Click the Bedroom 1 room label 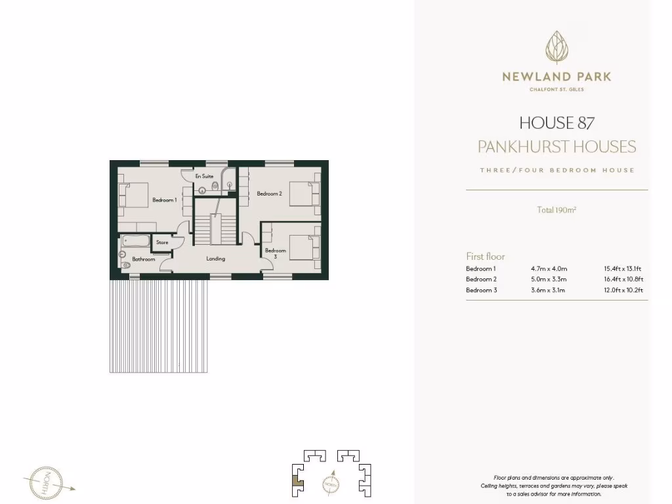tap(165, 199)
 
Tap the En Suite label tap(204, 177)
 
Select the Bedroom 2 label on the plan tap(269, 194)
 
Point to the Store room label tap(162, 243)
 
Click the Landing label tap(216, 259)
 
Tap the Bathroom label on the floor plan tap(144, 259)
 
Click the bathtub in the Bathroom tap(136, 240)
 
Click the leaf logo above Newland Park tap(556, 47)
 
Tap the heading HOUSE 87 tap(556, 123)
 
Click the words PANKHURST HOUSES tap(556, 146)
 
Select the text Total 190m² tap(556, 211)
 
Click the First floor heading tap(486, 257)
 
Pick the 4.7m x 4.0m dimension tap(549, 268)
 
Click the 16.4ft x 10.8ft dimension tap(623, 279)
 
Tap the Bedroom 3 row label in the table tap(481, 290)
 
